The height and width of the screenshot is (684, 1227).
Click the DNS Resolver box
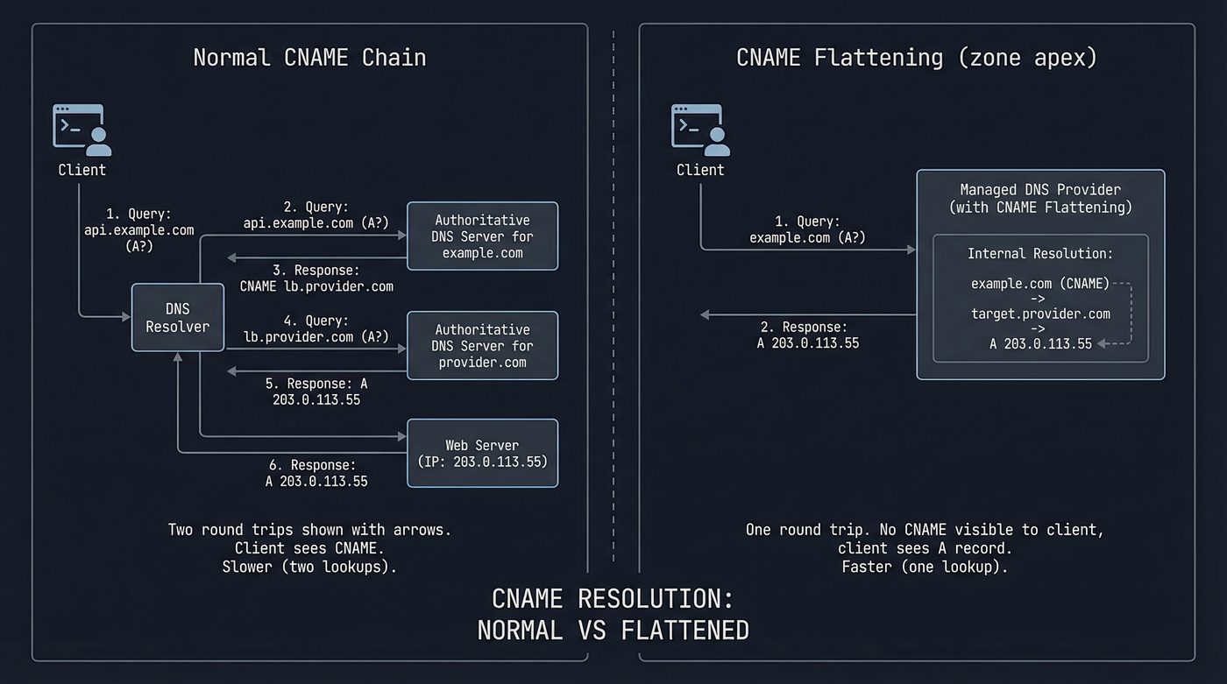pyautogui.click(x=178, y=317)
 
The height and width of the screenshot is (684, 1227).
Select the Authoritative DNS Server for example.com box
pyautogui.click(x=482, y=236)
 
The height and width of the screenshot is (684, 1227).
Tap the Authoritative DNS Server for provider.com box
pyautogui.click(x=482, y=346)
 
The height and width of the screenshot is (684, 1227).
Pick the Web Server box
pyautogui.click(x=482, y=453)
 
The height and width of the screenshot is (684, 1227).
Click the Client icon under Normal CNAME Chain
pyautogui.click(x=82, y=130)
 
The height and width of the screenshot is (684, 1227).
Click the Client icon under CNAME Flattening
pyautogui.click(x=699, y=130)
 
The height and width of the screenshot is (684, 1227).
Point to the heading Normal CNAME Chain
pyautogui.click(x=309, y=58)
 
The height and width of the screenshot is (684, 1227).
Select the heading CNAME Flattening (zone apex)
pyautogui.click(x=916, y=58)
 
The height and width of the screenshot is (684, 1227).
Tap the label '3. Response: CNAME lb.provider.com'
pyautogui.click(x=316, y=278)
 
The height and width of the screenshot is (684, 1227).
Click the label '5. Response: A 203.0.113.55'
pyautogui.click(x=316, y=391)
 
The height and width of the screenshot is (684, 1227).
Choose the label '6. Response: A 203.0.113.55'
pyautogui.click(x=316, y=473)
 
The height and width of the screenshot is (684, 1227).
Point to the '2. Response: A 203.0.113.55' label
pyautogui.click(x=807, y=335)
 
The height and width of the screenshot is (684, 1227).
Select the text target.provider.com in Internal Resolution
pyautogui.click(x=1040, y=314)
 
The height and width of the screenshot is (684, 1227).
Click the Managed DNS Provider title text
pyautogui.click(x=1040, y=199)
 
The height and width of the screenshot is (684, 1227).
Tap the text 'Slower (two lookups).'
pyautogui.click(x=309, y=567)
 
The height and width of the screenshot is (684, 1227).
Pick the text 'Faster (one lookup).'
pyautogui.click(x=925, y=567)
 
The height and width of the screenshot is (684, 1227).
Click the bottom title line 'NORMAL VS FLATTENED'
pyautogui.click(x=613, y=630)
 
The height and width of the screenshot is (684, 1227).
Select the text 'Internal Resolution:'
pyautogui.click(x=1040, y=254)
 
